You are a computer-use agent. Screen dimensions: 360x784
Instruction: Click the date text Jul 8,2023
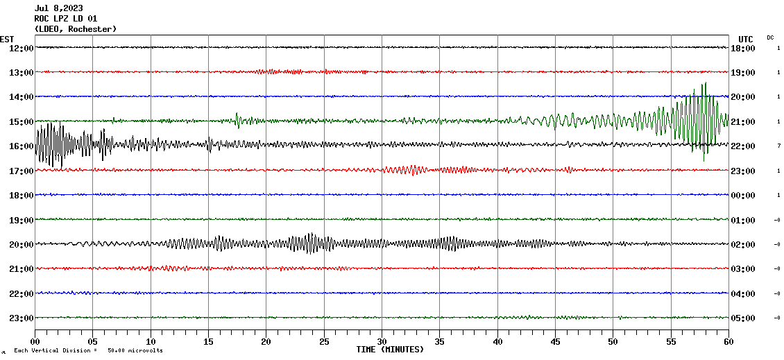tap(58, 8)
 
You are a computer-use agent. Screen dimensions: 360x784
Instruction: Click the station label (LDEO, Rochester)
tap(76, 28)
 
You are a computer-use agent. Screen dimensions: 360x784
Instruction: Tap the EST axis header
tap(7, 39)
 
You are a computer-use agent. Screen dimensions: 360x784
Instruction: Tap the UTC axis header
tap(745, 39)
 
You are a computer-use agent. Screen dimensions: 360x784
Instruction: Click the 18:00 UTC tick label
tap(742, 48)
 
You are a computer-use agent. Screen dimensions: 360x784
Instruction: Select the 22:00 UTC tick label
tap(742, 146)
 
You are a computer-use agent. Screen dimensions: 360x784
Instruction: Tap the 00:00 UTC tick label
tap(742, 195)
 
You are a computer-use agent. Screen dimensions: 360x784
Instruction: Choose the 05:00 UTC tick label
tap(742, 318)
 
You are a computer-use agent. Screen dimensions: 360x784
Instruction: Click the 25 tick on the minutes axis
tap(324, 341)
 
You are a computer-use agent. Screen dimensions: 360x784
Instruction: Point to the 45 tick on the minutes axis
tap(555, 341)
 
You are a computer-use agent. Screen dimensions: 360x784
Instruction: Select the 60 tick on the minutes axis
tap(728, 341)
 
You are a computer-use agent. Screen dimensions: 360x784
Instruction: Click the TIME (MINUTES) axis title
tap(390, 350)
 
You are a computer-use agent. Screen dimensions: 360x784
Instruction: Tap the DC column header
tap(770, 37)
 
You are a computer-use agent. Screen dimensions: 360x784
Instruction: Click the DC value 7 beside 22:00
tap(778, 146)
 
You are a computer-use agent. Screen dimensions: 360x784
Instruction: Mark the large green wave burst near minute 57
tap(700, 118)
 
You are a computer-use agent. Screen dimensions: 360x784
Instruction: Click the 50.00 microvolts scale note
tap(135, 350)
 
